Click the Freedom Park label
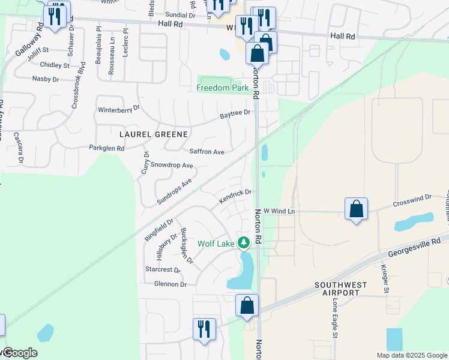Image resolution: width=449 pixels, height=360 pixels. coord(223,88)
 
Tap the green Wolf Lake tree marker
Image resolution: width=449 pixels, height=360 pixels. coord(244,243)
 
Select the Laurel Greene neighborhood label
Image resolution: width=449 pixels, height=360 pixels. coord(154,134)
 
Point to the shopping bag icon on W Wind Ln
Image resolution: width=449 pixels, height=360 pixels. coord(357,209)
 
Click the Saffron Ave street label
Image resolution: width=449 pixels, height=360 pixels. coord(206,152)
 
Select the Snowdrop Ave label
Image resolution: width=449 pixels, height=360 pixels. coord(172,165)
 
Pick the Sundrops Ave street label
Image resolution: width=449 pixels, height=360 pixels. coord(174,191)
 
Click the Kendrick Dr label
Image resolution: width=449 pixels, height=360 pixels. coord(234,196)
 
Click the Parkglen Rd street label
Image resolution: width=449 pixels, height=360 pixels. coord(107,148)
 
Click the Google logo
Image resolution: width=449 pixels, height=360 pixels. coord(19,353)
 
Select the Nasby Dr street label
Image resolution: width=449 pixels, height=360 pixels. coord(46,79)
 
